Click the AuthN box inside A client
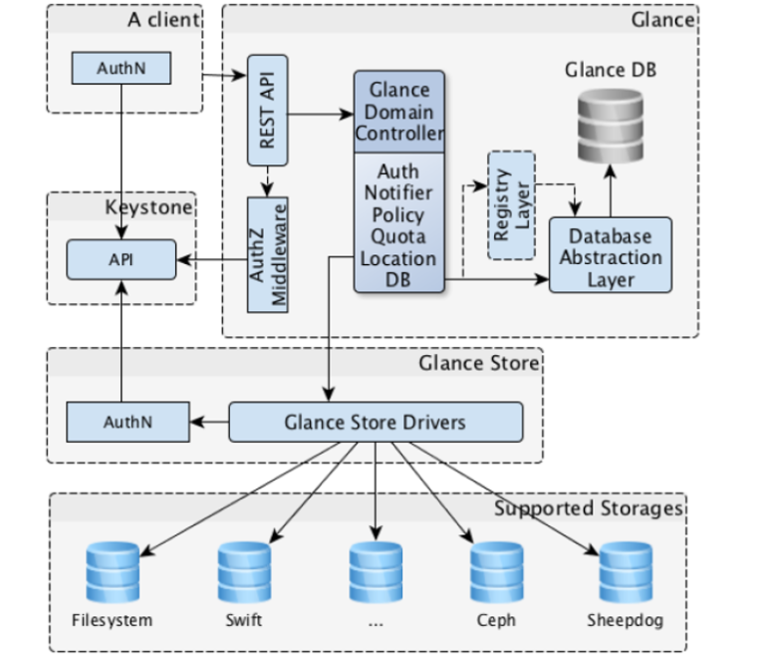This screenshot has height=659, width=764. pyautogui.click(x=122, y=69)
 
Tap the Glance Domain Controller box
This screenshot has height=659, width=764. pyautogui.click(x=399, y=112)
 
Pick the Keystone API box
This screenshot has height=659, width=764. pyautogui.click(x=122, y=259)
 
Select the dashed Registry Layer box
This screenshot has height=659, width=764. pyautogui.click(x=511, y=204)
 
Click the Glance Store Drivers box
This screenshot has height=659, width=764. pyautogui.click(x=375, y=422)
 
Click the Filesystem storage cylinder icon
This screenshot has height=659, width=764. pyautogui.click(x=113, y=569)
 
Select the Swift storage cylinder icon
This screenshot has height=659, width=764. pyautogui.click(x=244, y=569)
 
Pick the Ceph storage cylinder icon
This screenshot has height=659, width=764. pyautogui.click(x=496, y=569)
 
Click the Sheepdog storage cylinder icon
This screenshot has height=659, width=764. pyautogui.click(x=625, y=569)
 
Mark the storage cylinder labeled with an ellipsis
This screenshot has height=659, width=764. pyautogui.click(x=375, y=569)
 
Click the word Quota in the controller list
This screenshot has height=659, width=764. pyautogui.click(x=398, y=236)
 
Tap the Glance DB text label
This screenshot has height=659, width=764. pyautogui.click(x=611, y=70)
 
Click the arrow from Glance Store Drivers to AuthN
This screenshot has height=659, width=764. pyautogui.click(x=208, y=422)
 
